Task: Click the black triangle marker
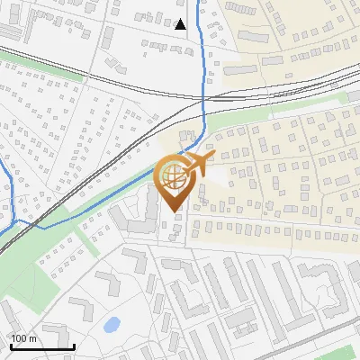click(x=181, y=24)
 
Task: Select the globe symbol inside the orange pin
click(x=174, y=177)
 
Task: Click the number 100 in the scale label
click(x=20, y=339)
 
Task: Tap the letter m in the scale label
click(x=33, y=339)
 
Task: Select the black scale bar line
click(x=41, y=346)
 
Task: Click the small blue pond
click(x=112, y=325)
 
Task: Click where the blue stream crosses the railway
click(x=205, y=97)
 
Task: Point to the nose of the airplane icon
click(x=213, y=157)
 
